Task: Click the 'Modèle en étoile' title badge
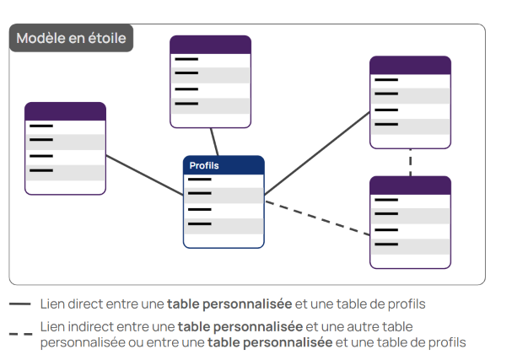71,38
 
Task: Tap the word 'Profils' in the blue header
204,165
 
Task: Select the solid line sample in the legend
20,304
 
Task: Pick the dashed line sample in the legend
20,334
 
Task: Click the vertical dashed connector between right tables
410,162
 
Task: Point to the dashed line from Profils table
317,218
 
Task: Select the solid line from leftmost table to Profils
145,175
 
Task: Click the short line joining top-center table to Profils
214,142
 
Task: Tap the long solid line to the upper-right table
317,153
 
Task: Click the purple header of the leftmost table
65,111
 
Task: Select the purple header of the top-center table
211,45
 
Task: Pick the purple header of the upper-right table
410,65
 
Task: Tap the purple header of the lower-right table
410,185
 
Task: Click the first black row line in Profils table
199,180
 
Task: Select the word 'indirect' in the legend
91,326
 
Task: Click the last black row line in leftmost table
41,170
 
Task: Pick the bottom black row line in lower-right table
386,244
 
